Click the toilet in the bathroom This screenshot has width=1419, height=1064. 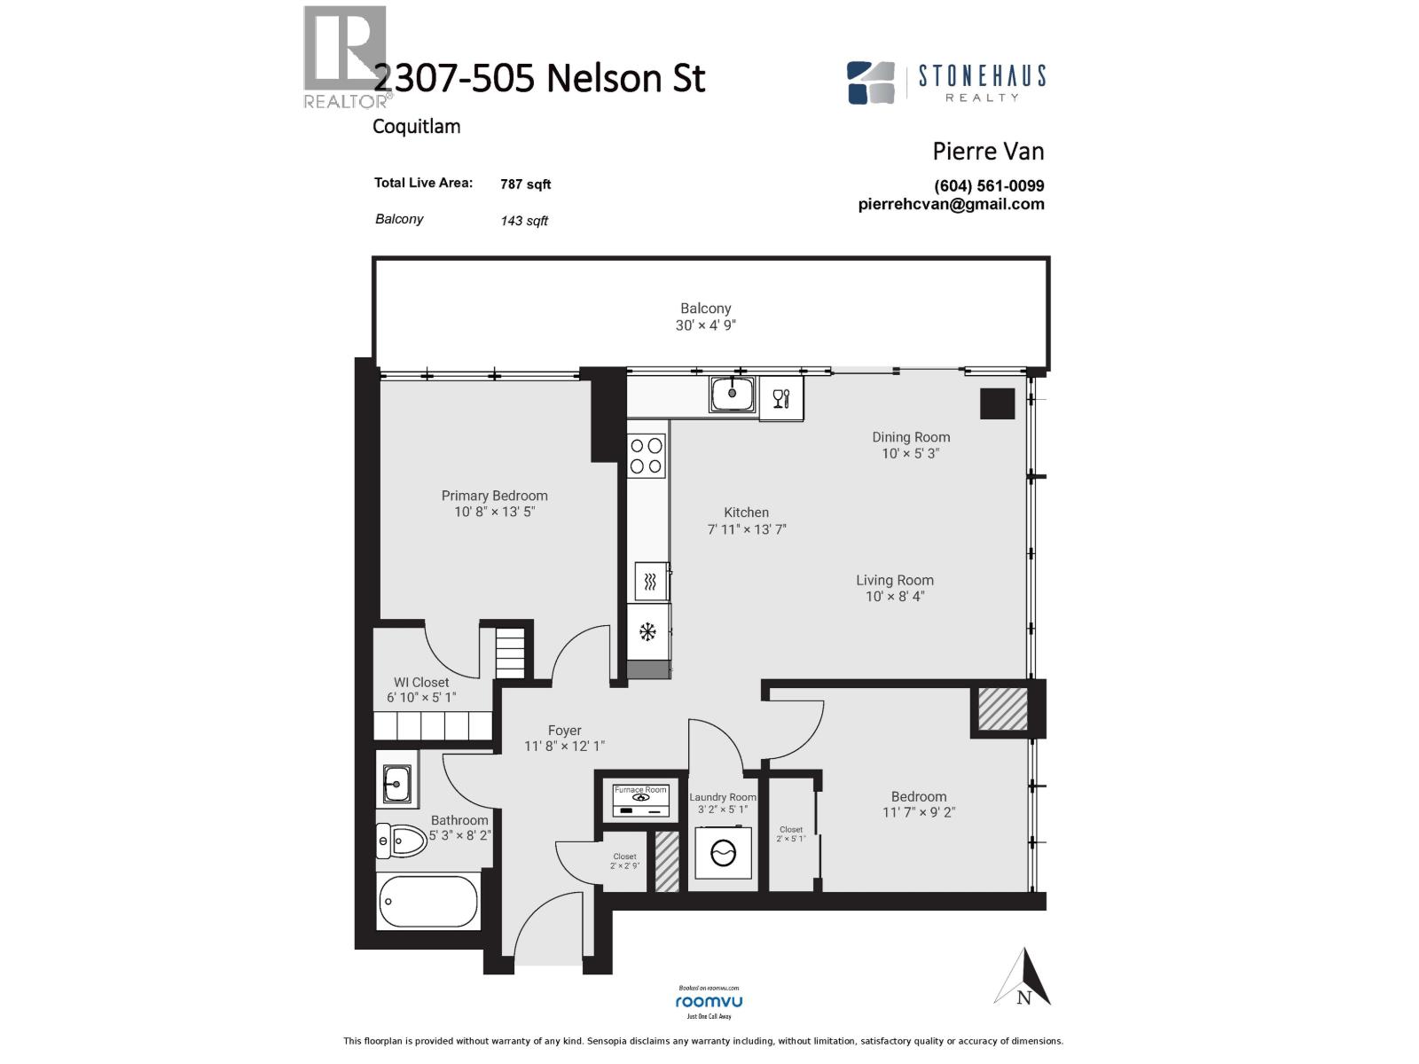coord(401,841)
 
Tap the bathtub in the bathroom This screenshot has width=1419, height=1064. coord(428,902)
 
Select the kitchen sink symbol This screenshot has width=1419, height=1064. coord(733,393)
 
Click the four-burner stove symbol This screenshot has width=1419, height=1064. coord(647,456)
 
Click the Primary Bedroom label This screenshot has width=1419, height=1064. coord(494,496)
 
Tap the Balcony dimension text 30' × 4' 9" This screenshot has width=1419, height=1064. coord(706,325)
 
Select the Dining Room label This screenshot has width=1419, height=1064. coord(911,437)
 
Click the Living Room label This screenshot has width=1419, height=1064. coord(895,581)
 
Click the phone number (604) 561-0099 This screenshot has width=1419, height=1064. coord(989,186)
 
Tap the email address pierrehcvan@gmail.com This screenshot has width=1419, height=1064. coord(951,204)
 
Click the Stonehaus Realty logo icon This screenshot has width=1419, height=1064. coord(870,82)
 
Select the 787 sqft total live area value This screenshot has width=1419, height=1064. coord(525,184)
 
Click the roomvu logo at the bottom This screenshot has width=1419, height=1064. coord(709,1001)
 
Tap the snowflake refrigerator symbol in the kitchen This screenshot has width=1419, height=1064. coord(648,631)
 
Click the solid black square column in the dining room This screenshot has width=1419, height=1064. coord(997,403)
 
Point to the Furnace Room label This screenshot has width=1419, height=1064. coord(640,789)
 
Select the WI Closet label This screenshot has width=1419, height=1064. coord(421,683)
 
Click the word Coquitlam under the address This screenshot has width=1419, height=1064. coord(416,126)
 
